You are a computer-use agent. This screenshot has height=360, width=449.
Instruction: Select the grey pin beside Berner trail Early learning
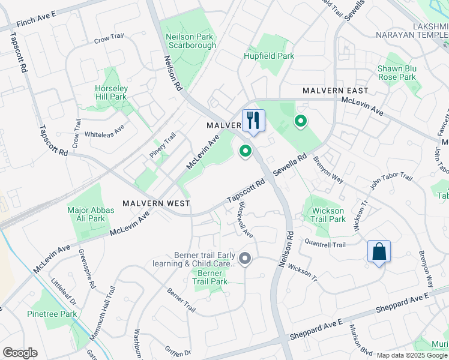245,259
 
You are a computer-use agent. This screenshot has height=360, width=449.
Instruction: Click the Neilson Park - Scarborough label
191,41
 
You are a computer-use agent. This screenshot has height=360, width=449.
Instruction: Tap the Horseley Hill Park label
111,92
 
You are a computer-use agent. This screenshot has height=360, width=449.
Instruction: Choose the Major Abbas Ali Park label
86,214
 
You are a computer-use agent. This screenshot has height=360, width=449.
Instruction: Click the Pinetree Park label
52,313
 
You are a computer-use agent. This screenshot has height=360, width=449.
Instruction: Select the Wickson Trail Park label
328,215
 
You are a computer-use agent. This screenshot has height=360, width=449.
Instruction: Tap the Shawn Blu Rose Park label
397,73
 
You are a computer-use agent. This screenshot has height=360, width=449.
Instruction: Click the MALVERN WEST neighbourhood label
156,203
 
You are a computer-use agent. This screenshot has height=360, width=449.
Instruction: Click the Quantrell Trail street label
325,245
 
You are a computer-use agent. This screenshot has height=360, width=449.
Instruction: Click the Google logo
20,353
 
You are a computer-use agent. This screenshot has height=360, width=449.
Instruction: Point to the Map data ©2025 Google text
412,355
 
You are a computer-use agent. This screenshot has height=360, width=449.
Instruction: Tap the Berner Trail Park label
210,277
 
